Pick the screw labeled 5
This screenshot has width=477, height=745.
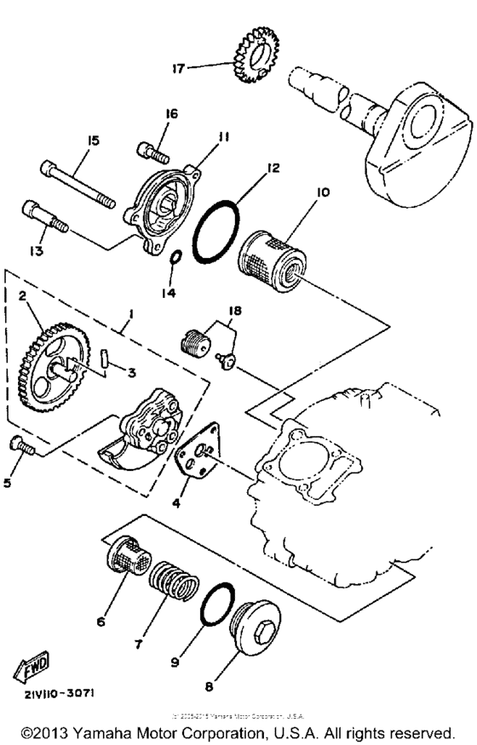(21, 444)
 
